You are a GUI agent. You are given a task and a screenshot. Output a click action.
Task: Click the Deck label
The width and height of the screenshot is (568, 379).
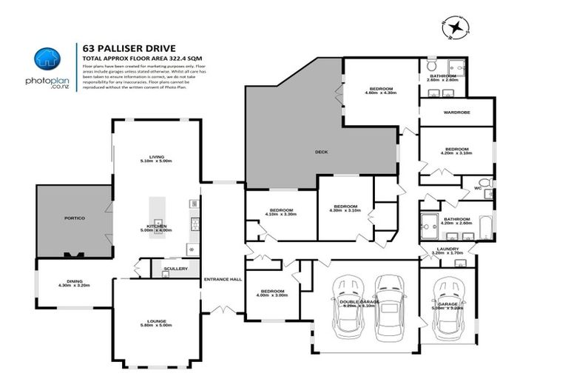pyautogui.click(x=321, y=152)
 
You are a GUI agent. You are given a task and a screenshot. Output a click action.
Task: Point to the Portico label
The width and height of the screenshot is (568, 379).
pyautogui.click(x=75, y=218)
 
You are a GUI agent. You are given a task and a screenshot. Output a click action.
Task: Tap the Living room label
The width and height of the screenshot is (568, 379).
pyautogui.click(x=156, y=156)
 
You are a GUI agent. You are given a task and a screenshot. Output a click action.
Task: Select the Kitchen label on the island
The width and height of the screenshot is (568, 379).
pyautogui.click(x=156, y=226)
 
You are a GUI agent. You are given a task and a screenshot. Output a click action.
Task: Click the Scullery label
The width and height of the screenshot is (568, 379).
pyautogui.click(x=176, y=269)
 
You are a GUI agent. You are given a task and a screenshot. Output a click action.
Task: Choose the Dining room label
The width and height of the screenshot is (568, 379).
pyautogui.click(x=74, y=281)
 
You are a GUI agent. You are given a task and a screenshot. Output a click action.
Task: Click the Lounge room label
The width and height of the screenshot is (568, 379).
pyautogui.click(x=156, y=321)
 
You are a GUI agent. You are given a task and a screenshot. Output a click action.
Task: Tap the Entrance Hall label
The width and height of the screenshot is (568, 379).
pyautogui.click(x=223, y=279)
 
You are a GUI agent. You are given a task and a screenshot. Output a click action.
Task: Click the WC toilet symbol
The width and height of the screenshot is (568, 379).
pyautogui.click(x=484, y=182)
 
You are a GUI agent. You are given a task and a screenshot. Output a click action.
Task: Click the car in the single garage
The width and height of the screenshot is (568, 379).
pyautogui.click(x=448, y=307)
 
